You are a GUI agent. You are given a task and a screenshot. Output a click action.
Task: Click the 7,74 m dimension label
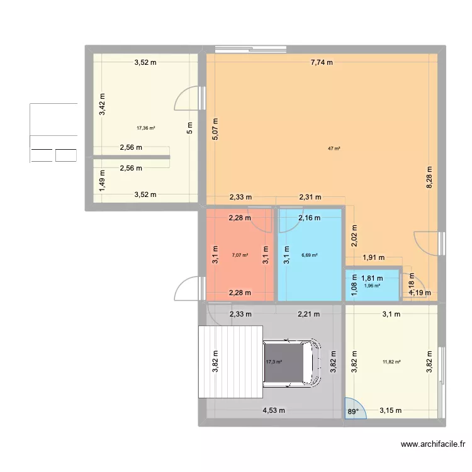(321, 62)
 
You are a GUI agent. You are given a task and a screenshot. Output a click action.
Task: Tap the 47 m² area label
(334, 149)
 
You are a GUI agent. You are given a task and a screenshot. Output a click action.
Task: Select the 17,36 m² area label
(145, 128)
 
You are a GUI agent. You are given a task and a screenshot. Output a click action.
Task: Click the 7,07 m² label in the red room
(240, 256)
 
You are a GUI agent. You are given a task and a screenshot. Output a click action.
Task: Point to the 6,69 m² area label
(309, 256)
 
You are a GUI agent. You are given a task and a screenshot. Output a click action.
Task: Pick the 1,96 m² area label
(372, 286)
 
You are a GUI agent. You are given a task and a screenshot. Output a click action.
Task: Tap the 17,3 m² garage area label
(274, 362)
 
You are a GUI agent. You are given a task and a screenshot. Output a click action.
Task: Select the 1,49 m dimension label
(103, 181)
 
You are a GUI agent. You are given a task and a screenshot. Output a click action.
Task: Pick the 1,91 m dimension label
(373, 258)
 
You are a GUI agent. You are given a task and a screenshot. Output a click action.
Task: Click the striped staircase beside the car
(230, 362)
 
